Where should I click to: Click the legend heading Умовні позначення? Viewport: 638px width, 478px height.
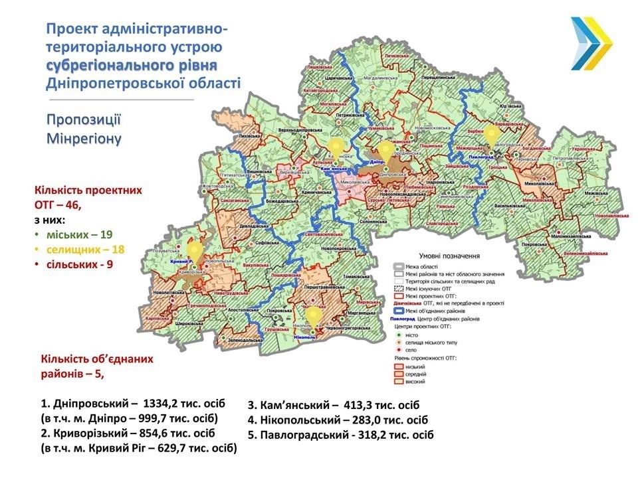(x=449, y=256)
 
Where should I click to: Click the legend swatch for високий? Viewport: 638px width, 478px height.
(x=397, y=382)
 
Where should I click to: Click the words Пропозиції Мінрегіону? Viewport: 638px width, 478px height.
(x=84, y=129)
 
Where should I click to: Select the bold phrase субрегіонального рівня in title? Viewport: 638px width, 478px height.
(x=132, y=65)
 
